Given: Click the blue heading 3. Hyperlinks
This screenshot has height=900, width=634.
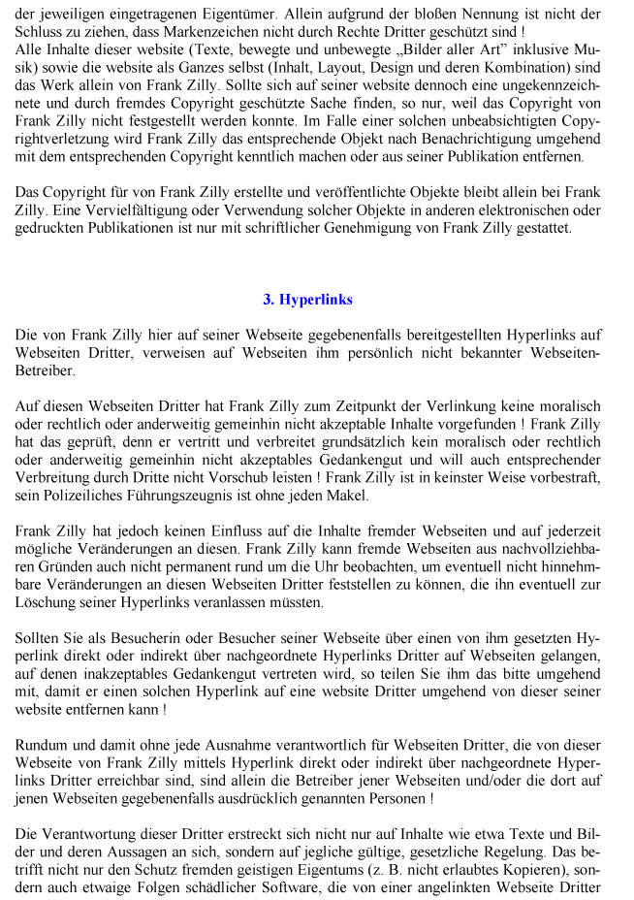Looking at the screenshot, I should coord(307,300).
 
